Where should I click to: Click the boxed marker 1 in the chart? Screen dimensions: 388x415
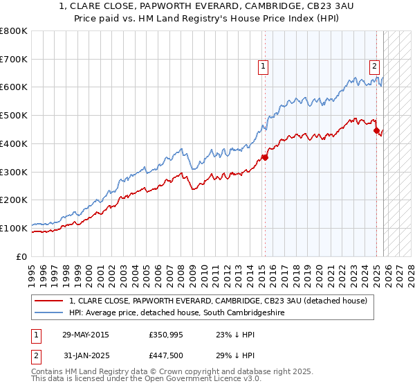click(x=264, y=67)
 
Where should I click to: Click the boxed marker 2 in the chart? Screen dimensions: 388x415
click(x=374, y=67)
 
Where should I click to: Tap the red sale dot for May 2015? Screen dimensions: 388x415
click(x=265, y=157)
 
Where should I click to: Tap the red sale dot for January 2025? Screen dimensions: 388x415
click(x=376, y=130)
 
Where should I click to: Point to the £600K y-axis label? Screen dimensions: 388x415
click(x=14, y=87)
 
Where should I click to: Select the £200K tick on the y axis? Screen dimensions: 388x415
click(x=14, y=200)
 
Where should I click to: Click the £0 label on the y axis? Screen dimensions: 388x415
click(x=22, y=256)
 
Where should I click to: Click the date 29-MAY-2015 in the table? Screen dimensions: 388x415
click(x=86, y=335)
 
